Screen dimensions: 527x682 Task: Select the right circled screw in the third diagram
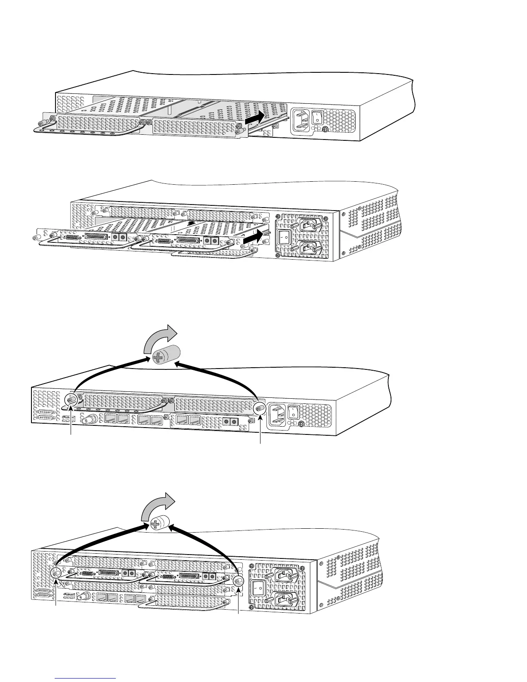point(260,408)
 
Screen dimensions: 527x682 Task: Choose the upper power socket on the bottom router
point(282,574)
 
